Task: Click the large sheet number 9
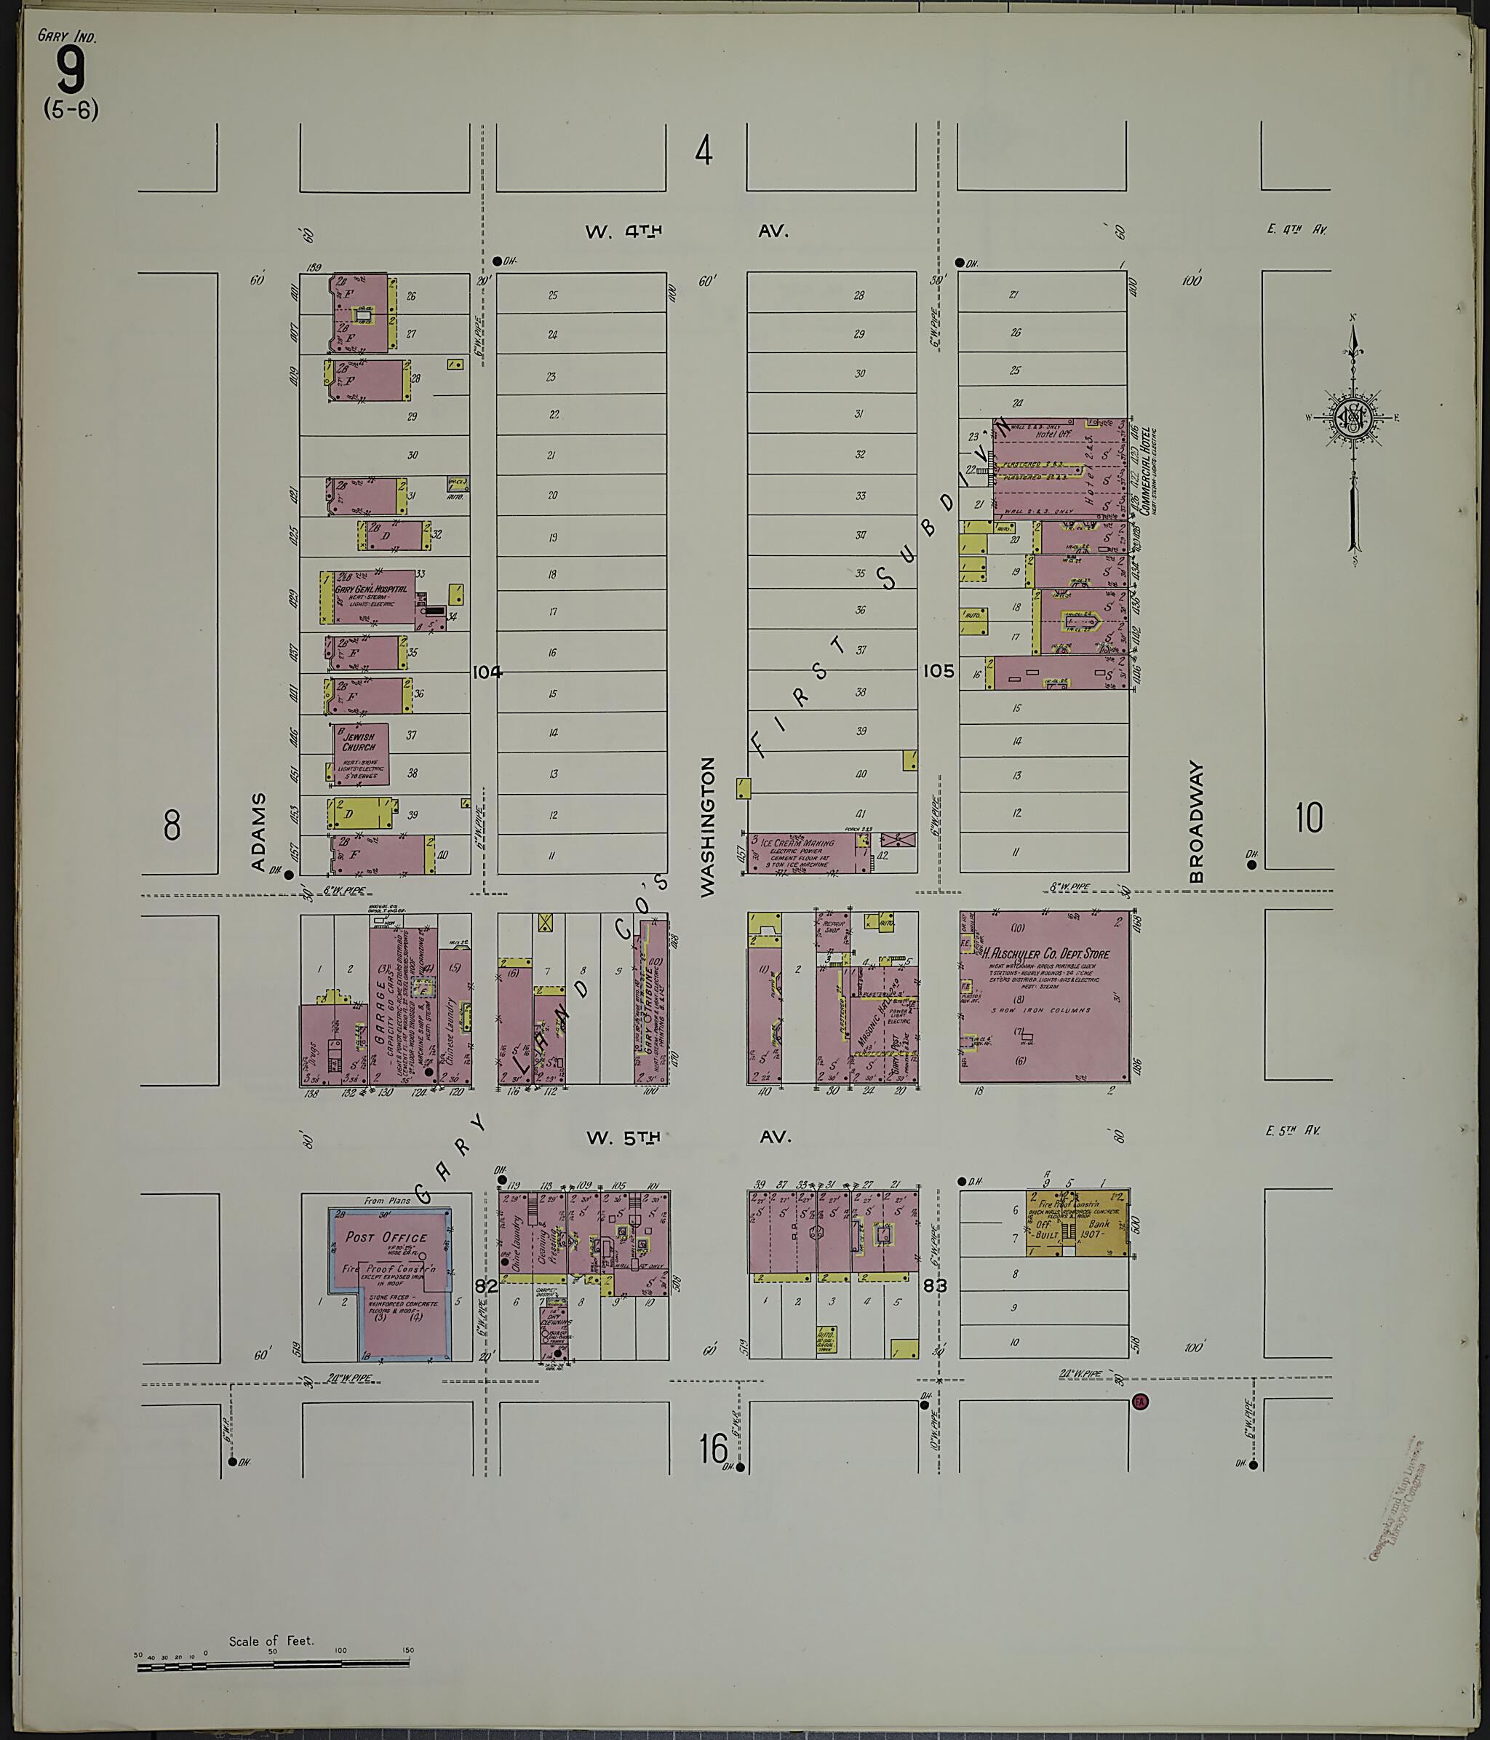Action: (70, 71)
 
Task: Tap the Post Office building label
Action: (386, 1237)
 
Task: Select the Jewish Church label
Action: (359, 742)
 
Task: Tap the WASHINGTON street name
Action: (708, 827)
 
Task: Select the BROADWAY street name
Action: (1196, 822)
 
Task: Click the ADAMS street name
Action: (258, 831)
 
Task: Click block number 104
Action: (486, 672)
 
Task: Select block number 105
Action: (939, 671)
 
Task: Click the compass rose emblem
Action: (1352, 418)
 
